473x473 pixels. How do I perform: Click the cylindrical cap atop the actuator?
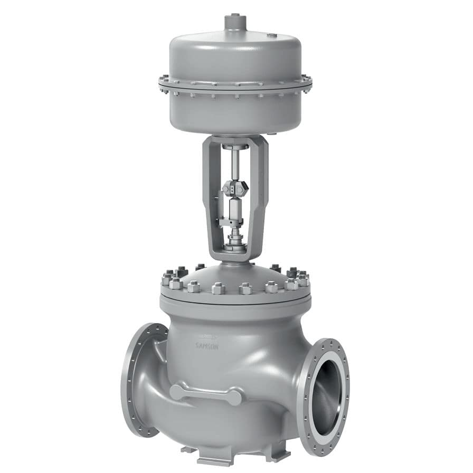233,22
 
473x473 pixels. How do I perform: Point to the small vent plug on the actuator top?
272,35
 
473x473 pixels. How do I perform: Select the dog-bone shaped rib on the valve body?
206,393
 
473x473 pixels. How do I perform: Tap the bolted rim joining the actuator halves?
235,84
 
